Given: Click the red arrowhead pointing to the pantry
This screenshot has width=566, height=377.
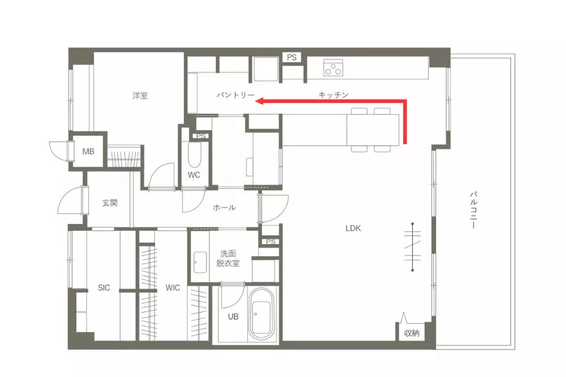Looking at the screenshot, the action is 260,101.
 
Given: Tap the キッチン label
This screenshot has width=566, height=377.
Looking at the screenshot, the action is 333,95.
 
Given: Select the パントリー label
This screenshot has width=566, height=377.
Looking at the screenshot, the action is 235,95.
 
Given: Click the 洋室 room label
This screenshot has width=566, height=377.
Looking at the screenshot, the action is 140,96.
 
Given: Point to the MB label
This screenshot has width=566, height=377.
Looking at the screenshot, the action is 88,151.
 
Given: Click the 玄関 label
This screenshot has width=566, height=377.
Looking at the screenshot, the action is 110,203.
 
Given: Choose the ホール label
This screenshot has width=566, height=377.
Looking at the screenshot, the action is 225,207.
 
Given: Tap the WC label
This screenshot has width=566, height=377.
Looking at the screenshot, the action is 194,175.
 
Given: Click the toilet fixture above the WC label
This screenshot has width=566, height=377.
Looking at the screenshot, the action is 195,154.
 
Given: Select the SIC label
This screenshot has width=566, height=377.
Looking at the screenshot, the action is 104,288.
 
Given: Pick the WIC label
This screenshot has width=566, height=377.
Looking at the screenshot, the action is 173,288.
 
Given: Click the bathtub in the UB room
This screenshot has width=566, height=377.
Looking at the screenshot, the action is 261,313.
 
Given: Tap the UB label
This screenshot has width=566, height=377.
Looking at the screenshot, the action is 233,317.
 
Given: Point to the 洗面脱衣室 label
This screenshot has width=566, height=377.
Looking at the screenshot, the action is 228,258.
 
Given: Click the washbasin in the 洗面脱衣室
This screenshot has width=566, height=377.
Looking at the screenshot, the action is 200,262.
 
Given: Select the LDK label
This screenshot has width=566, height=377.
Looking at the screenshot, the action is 353,228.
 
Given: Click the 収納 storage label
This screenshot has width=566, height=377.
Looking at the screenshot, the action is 411,333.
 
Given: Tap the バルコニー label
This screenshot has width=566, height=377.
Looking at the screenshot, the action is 474,210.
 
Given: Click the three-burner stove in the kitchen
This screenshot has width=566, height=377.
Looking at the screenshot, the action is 333,67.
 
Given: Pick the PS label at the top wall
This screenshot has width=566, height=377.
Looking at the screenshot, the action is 291,57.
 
